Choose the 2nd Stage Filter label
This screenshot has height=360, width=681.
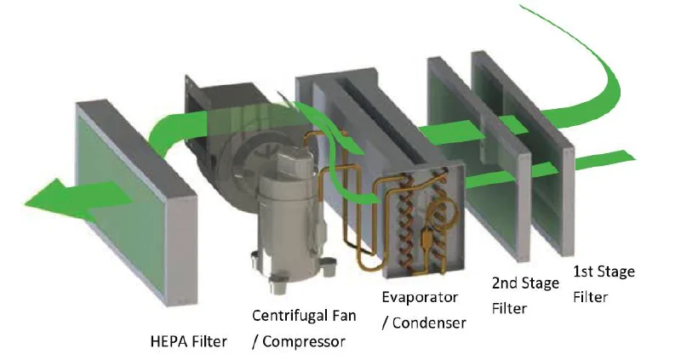pyautogui.click(x=525, y=294)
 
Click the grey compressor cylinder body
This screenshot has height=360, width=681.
pyautogui.click(x=289, y=213)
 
